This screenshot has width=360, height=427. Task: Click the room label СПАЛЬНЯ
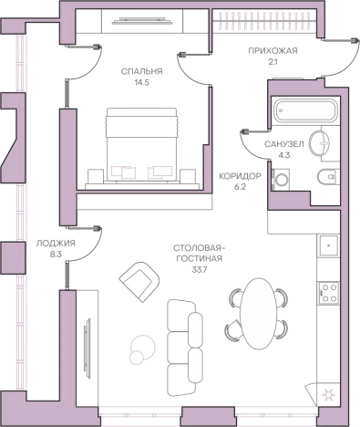pyautogui.click(x=141, y=71)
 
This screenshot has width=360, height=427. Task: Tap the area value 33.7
pyautogui.click(x=199, y=269)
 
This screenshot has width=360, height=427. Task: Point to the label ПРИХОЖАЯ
pyautogui.click(x=273, y=51)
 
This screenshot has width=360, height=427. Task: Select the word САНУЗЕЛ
pyautogui.click(x=283, y=144)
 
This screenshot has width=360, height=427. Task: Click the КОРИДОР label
pyautogui.click(x=240, y=176)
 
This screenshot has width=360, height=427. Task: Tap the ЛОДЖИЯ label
pyautogui.click(x=56, y=244)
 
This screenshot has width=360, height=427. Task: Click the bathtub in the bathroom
pyautogui.click(x=305, y=110)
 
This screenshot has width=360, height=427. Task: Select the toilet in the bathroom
pyautogui.click(x=327, y=177)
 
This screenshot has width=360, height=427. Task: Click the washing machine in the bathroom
pyautogui.click(x=282, y=180)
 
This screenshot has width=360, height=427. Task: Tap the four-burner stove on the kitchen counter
pyautogui.click(x=329, y=293)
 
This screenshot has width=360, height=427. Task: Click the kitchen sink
pyautogui.click(x=328, y=245)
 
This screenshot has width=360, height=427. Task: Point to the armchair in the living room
pyautogui.click(x=139, y=282)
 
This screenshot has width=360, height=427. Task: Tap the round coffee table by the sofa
pyautogui.click(x=142, y=349)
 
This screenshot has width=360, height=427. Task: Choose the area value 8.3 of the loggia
pyautogui.click(x=56, y=255)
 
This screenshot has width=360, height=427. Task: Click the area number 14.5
pyautogui.click(x=142, y=82)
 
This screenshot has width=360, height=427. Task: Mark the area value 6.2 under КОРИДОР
pyautogui.click(x=240, y=187)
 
